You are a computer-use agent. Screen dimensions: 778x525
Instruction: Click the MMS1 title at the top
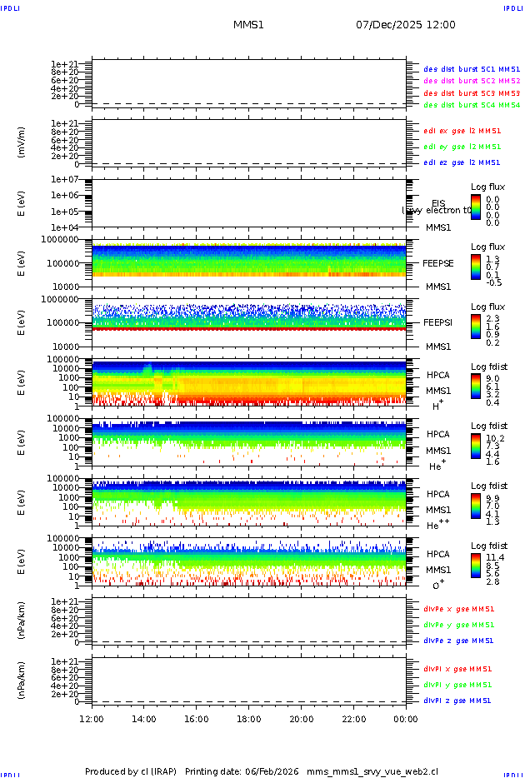tap(248, 25)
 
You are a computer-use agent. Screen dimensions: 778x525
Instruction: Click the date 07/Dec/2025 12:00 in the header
tap(406, 25)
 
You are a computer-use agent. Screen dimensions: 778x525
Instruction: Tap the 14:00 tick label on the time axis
tap(144, 719)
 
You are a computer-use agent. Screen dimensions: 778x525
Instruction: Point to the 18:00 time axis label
tap(249, 719)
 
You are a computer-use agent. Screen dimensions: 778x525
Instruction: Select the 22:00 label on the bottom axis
tap(353, 719)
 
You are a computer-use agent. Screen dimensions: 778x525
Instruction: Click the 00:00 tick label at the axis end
tap(406, 719)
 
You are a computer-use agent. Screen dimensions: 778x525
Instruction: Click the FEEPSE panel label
tap(438, 262)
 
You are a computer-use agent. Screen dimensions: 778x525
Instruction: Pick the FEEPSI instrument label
tap(438, 322)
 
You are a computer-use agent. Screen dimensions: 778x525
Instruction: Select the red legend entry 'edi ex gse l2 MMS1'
tap(462, 131)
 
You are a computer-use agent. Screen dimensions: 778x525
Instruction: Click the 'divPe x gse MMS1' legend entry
tap(459, 609)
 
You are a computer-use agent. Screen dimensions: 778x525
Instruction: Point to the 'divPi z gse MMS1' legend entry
tap(457, 701)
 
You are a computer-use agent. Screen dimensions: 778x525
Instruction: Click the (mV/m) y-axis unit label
tap(22, 142)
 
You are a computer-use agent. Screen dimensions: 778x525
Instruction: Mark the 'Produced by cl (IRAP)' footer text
tap(131, 771)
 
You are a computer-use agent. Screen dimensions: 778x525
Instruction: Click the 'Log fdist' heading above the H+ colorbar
tap(488, 367)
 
